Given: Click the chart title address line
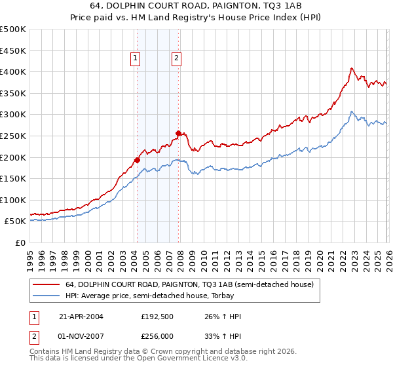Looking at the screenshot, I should (x=196, y=7).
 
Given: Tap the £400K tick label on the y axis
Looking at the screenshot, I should (x=13, y=72).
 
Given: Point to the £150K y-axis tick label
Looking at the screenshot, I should (x=13, y=178).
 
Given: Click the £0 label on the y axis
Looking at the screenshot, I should (x=20, y=242).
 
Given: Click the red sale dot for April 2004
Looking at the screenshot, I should (x=137, y=160).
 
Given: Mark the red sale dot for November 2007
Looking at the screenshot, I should (x=178, y=133).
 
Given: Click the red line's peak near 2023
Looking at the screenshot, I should (x=352, y=68).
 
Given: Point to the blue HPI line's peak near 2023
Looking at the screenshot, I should (x=352, y=111).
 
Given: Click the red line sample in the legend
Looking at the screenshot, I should (x=47, y=284).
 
